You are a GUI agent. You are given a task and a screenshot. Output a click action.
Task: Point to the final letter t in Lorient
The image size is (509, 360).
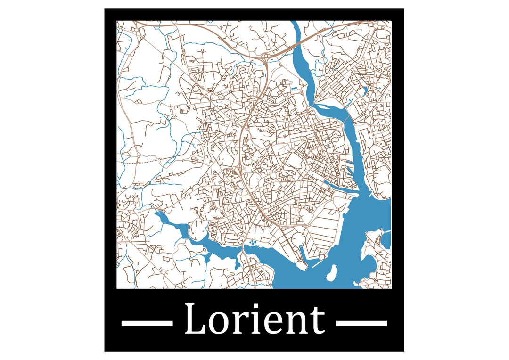pyautogui.click(x=318, y=321)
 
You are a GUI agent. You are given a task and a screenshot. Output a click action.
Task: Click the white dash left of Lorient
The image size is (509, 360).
pyautogui.click(x=147, y=323)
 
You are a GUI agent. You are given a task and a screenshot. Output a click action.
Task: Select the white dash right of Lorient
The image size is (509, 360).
pyautogui.click(x=361, y=323)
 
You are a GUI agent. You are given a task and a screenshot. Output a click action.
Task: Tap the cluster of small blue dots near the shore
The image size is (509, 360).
pyautogui.click(x=252, y=243)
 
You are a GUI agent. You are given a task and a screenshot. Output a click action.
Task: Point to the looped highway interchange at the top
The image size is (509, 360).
pyautogui.click(x=265, y=57)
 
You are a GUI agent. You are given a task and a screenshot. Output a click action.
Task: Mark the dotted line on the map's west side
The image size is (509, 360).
pyautogui.click(x=141, y=162)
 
